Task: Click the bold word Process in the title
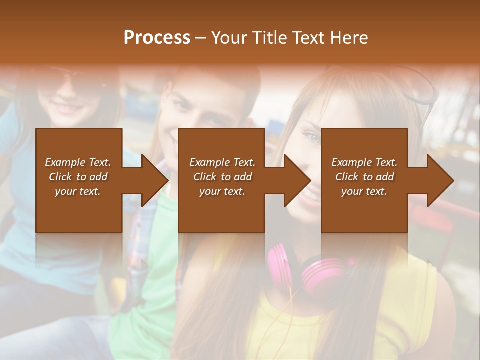(157, 37)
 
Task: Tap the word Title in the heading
(269, 37)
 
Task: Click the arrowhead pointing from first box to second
(155, 180)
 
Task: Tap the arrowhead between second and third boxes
(298, 180)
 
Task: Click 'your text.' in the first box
(78, 191)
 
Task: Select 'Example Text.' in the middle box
(222, 162)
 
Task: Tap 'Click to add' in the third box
(364, 177)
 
